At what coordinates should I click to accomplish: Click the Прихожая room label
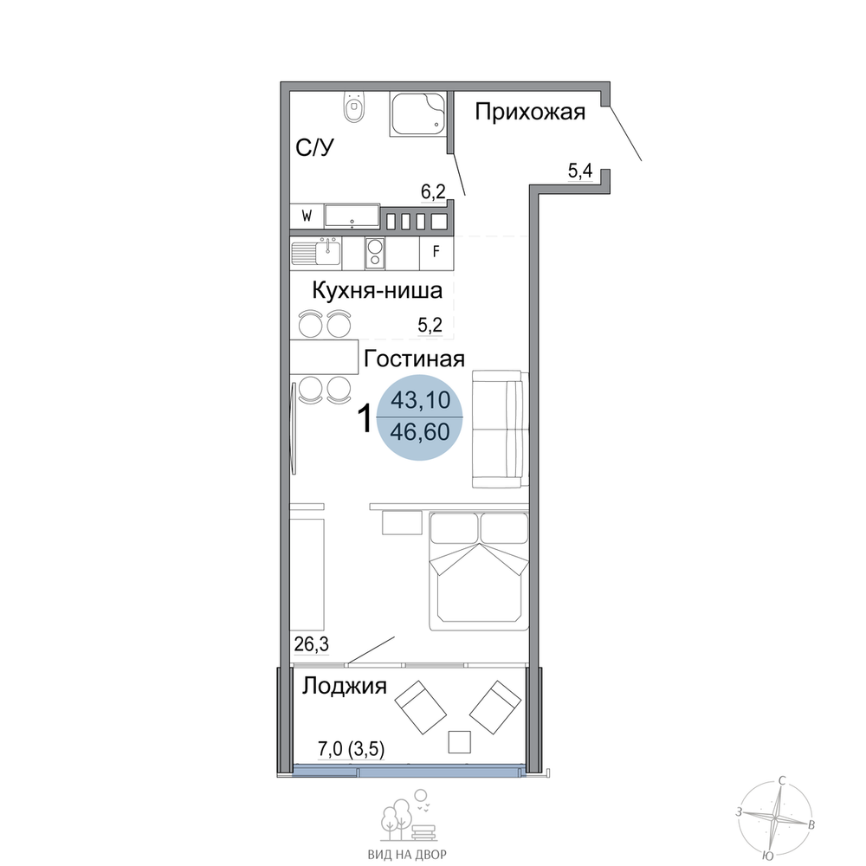coord(530,113)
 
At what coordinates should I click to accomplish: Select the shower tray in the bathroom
coord(417,113)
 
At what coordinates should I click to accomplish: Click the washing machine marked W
coord(307,216)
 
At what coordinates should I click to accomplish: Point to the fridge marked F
coord(436,252)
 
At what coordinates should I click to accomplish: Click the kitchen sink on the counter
coord(316,254)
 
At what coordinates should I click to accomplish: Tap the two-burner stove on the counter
coord(375,253)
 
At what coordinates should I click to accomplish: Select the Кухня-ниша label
coord(378,290)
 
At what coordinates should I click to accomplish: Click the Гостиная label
coord(414,359)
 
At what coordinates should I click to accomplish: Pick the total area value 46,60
coord(420,432)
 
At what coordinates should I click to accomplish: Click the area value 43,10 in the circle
coord(420,400)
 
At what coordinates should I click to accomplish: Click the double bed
coord(479,571)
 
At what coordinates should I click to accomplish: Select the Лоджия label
coord(344,687)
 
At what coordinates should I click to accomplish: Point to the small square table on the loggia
coord(460,742)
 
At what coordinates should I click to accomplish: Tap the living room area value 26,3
coord(311,644)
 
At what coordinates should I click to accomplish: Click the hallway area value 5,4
coord(580,171)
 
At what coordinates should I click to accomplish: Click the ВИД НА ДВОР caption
coord(407,855)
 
